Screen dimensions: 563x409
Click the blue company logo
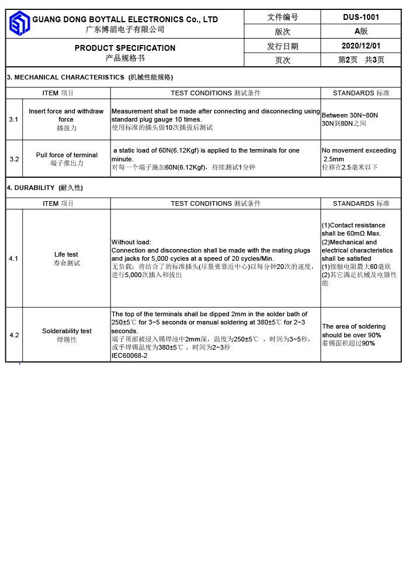(x=19, y=23)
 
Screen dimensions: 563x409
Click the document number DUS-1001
(x=361, y=17)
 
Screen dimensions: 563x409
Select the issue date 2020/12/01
(x=361, y=46)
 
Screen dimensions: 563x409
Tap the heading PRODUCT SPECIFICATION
(x=124, y=48)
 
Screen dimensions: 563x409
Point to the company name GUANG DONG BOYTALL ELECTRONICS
(x=125, y=19)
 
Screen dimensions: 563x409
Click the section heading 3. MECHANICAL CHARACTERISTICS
(x=65, y=77)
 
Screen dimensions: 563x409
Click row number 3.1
(x=14, y=119)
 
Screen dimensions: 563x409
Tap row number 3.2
(x=14, y=159)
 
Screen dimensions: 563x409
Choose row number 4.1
(x=14, y=258)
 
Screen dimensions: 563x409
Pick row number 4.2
(x=14, y=335)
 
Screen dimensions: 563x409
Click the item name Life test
(x=66, y=254)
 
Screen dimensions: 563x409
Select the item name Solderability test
(x=67, y=331)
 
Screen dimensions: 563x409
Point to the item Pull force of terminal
(x=67, y=155)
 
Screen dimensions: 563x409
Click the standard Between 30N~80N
(x=349, y=115)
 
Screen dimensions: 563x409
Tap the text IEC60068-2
(x=129, y=355)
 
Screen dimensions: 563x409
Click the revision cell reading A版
(x=361, y=32)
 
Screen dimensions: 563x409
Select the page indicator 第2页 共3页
(x=361, y=60)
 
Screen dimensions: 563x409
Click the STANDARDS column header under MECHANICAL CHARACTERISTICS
(x=361, y=93)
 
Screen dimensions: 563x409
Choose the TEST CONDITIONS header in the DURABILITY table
(x=215, y=203)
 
